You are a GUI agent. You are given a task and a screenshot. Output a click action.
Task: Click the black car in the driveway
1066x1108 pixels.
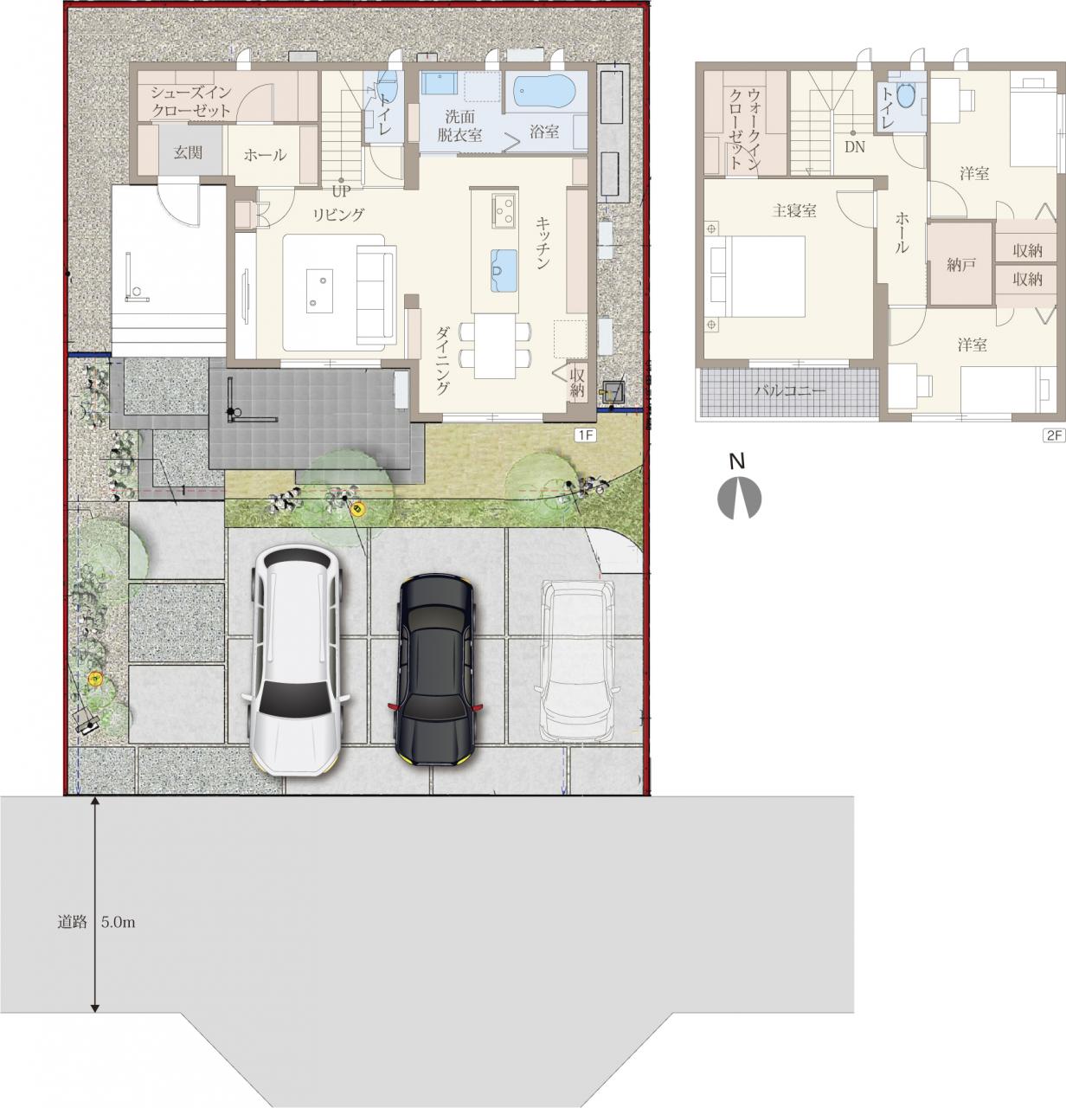pyautogui.click(x=436, y=670)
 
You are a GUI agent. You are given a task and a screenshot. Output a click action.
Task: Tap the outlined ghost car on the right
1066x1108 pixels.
pyautogui.click(x=577, y=660)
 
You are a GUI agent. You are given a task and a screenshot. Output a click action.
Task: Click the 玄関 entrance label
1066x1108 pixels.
pyautogui.click(x=188, y=152)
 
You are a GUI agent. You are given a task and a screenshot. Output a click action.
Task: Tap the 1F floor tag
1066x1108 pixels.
pyautogui.click(x=585, y=435)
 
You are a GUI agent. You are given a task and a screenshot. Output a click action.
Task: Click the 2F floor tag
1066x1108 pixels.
pyautogui.click(x=1054, y=435)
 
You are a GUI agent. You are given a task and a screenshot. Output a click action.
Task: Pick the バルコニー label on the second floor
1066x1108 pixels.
pyautogui.click(x=790, y=391)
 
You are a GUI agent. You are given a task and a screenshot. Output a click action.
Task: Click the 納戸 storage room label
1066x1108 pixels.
pyautogui.click(x=961, y=265)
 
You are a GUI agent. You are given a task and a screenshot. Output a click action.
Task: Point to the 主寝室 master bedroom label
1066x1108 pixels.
pyautogui.click(x=794, y=210)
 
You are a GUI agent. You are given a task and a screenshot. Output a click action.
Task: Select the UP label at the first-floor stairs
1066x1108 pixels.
pyautogui.click(x=342, y=190)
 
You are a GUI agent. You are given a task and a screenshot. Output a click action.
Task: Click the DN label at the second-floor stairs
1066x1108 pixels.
pyautogui.click(x=855, y=147)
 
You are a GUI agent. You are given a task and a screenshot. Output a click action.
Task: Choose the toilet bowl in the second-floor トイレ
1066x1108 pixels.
pyautogui.click(x=906, y=95)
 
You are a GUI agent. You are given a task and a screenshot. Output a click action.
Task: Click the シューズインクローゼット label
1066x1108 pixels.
pyautogui.click(x=191, y=101)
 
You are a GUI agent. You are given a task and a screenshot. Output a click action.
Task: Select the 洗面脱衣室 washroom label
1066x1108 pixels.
pyautogui.click(x=459, y=126)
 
